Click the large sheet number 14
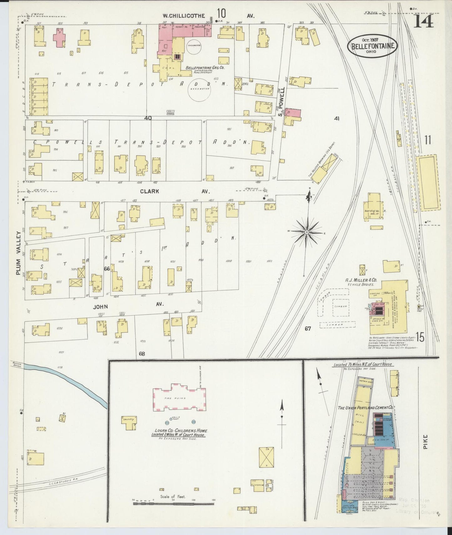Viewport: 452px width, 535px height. click(x=424, y=21)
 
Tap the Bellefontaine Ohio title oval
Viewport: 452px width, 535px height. click(x=372, y=46)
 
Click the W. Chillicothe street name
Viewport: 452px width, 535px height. click(x=184, y=15)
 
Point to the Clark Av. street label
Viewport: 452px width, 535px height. click(x=149, y=191)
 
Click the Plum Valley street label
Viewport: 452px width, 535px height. click(x=19, y=253)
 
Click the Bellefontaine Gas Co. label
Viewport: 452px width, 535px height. click(x=205, y=68)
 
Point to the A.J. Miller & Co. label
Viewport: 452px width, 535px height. click(x=361, y=280)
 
